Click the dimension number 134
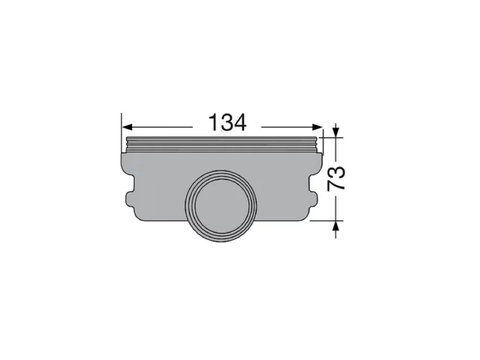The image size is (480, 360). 227,122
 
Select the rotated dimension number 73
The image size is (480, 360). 336,179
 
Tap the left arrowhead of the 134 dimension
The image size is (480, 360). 127,127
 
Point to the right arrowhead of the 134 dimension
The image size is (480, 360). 317,127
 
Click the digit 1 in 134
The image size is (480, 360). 213,122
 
